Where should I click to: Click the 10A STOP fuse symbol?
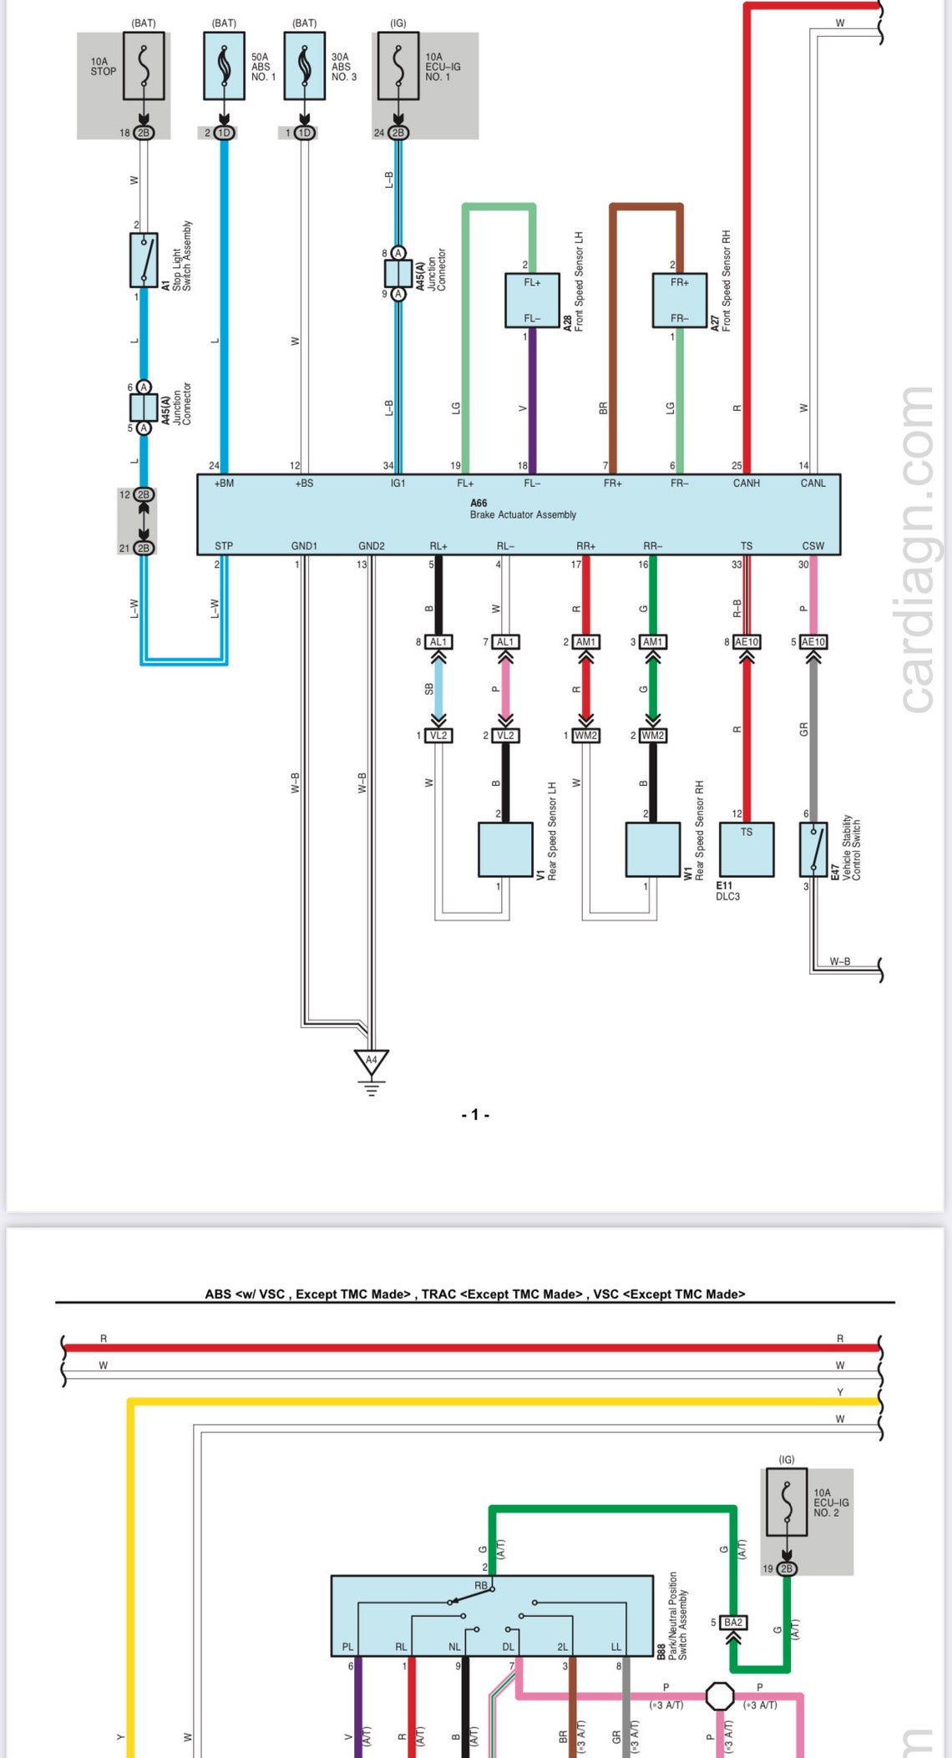coord(144,66)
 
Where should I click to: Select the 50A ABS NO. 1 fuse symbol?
coord(224,66)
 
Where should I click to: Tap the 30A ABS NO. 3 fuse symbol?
coord(305,66)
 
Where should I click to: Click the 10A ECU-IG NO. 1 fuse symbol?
coord(398,66)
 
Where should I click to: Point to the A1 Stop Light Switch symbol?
coord(144,261)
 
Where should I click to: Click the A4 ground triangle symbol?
coord(372,1061)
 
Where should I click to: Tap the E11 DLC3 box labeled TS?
coord(747,849)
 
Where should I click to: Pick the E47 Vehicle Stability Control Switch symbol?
coord(813,849)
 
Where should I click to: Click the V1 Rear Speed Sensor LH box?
coord(505,849)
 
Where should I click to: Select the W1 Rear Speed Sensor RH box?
coord(652,849)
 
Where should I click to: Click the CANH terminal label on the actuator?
coord(746,484)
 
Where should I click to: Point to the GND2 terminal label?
coord(372,546)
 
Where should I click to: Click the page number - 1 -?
coord(475,1115)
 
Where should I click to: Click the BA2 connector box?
coord(733,1623)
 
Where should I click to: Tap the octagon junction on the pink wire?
coord(720,1696)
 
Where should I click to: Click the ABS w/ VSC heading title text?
coord(475,1294)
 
